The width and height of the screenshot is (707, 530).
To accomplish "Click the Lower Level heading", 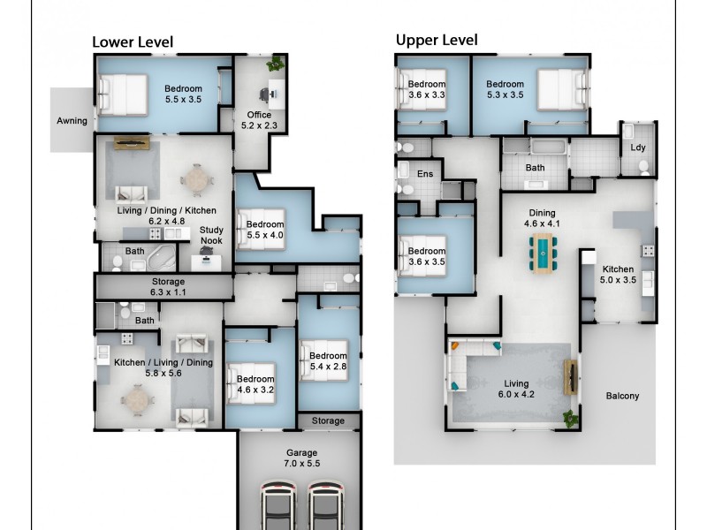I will [133, 42].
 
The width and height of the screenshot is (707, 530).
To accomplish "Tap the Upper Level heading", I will [437, 40].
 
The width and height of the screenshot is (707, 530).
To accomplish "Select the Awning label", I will [72, 120].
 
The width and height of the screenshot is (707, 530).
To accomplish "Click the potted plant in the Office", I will [277, 64].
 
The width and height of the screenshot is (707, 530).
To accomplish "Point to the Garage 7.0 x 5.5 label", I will [301, 458].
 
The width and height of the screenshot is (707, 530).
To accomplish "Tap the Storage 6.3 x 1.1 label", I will [168, 286].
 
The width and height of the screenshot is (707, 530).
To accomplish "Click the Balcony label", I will [622, 396].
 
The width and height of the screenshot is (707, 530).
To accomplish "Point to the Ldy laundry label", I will [636, 148].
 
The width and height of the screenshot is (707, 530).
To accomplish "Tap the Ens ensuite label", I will [425, 174].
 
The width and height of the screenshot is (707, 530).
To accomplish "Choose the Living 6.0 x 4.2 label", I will [516, 390].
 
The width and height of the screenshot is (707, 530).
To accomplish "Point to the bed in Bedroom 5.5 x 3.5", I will [124, 94].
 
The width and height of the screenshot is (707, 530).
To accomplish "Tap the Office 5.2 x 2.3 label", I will [260, 120].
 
